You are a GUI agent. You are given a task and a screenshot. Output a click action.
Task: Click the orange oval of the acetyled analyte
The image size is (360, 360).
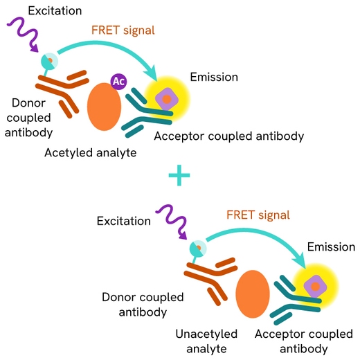(x=104, y=107)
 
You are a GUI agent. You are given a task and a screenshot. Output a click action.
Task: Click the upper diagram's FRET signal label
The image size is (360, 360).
(x=123, y=30)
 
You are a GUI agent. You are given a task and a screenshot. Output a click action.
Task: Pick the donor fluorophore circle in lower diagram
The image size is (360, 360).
(x=198, y=248)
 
